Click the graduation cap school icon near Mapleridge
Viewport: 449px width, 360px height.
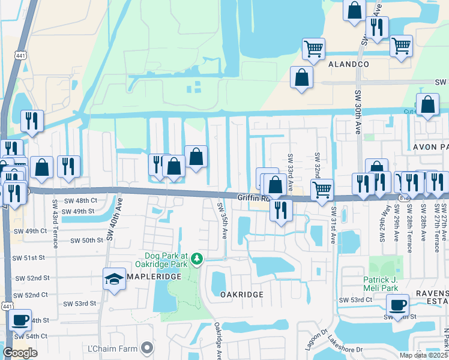point(114,280)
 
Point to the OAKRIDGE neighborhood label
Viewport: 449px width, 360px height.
point(241,295)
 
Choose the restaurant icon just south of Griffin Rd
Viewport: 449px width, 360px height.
point(280,211)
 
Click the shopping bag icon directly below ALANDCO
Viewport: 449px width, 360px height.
point(301,78)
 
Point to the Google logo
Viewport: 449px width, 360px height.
point(20,353)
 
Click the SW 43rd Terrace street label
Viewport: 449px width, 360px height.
point(55,224)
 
